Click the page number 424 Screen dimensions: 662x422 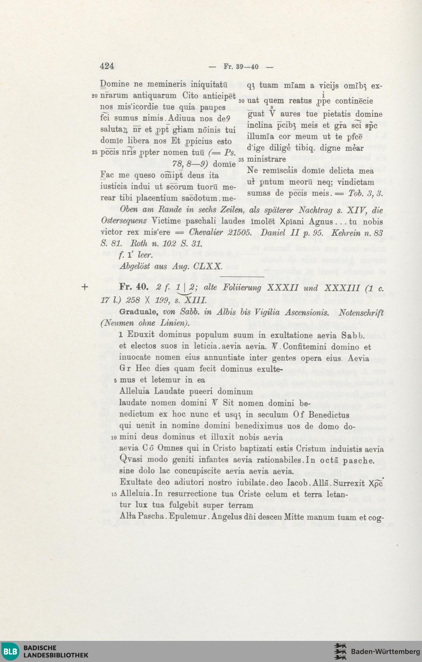(107, 66)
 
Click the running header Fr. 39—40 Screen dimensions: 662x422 (241, 67)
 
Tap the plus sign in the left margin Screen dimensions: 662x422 (85, 287)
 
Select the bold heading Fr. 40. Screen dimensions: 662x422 (133, 287)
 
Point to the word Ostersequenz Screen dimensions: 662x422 (124, 221)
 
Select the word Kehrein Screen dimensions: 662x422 (346, 232)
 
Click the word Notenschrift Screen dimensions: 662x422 (361, 313)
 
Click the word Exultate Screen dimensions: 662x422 (137, 482)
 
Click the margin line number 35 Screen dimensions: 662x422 (241, 160)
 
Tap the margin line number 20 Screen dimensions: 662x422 (95, 96)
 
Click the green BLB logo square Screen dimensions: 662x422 (10, 651)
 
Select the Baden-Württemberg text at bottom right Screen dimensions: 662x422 (386, 651)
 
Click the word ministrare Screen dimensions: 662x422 (266, 159)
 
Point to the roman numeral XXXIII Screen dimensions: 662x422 (342, 288)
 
